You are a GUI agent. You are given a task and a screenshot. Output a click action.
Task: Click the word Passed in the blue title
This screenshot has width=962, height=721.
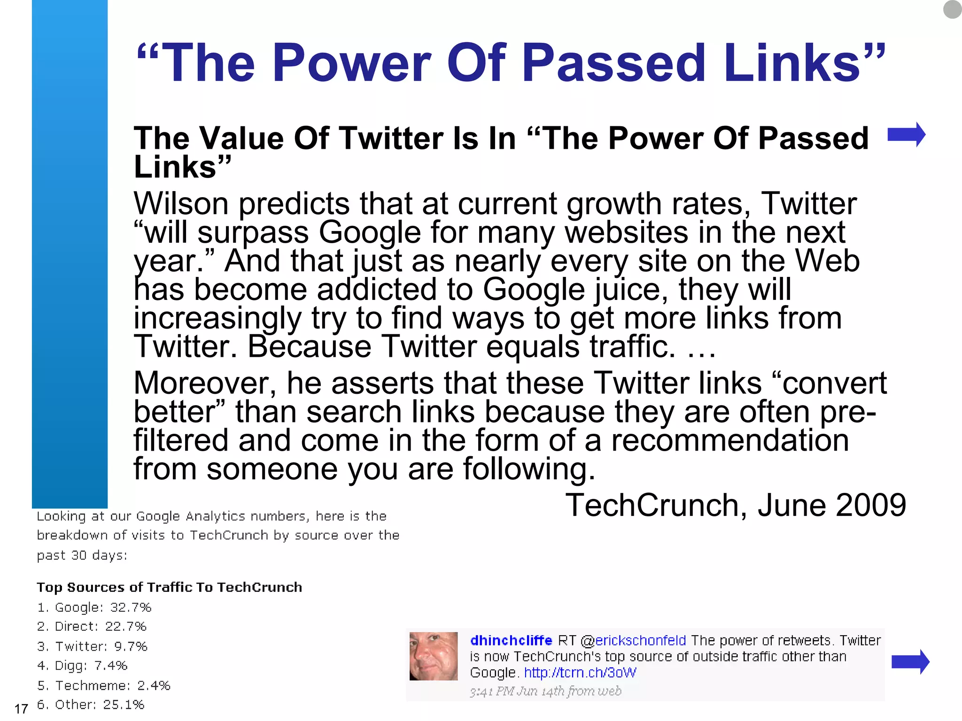(x=613, y=63)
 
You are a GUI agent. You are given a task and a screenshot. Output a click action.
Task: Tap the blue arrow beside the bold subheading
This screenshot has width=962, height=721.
(x=906, y=135)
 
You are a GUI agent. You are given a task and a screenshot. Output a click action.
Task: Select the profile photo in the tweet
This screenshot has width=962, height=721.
(x=433, y=656)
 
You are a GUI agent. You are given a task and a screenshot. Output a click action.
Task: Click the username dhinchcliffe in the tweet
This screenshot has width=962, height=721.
(x=511, y=641)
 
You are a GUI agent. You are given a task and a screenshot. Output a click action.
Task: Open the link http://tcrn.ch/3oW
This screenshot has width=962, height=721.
(x=580, y=673)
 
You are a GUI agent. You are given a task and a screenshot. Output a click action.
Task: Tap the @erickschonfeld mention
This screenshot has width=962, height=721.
(x=633, y=641)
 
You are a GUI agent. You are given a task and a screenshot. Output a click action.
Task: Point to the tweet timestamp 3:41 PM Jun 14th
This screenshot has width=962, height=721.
(x=545, y=691)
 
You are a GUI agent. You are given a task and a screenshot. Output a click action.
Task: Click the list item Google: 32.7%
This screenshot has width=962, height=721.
(x=94, y=607)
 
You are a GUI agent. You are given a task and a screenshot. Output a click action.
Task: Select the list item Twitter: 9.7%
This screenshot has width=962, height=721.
(x=92, y=646)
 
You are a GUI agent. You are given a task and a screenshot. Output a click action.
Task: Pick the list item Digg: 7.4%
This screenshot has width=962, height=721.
(x=82, y=666)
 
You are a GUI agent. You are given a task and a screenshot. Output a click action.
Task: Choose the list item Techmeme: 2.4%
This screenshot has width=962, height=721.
(x=103, y=685)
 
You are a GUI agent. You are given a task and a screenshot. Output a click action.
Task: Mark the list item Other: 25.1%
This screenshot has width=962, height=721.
(x=91, y=705)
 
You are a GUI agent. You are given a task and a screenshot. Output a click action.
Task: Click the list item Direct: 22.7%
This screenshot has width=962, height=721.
(x=92, y=627)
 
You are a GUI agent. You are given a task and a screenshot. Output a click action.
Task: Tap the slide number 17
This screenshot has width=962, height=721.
(x=21, y=709)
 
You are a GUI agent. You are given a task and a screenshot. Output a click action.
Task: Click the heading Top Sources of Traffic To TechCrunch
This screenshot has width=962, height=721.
(x=169, y=587)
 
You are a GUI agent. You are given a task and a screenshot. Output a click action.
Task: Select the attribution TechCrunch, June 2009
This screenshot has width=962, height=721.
(x=735, y=506)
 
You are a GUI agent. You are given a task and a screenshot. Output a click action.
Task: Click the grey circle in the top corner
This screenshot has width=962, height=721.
(x=952, y=9)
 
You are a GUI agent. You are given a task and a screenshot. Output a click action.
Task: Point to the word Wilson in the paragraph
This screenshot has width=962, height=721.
(x=181, y=204)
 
